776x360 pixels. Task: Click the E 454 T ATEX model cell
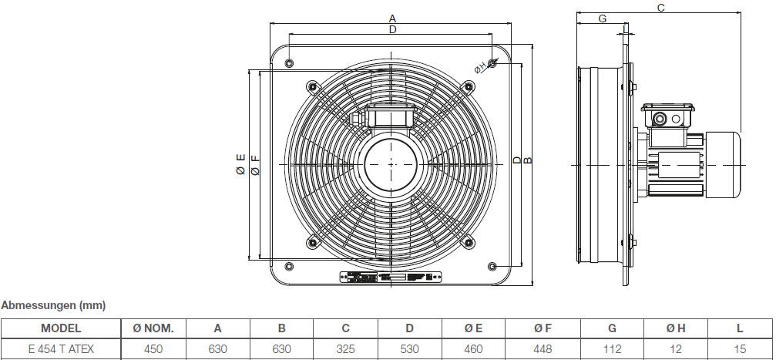(x=61, y=349)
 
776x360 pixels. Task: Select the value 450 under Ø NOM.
(x=153, y=349)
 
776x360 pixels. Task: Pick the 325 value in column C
(x=346, y=349)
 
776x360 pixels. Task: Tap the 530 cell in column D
(x=409, y=349)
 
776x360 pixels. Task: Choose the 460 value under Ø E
(x=473, y=349)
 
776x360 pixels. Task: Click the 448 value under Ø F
(x=542, y=349)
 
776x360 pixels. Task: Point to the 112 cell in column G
(x=613, y=349)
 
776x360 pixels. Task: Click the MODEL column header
(x=61, y=328)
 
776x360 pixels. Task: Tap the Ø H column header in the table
(x=676, y=328)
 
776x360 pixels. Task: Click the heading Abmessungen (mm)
(x=53, y=305)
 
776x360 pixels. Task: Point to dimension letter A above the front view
(x=392, y=18)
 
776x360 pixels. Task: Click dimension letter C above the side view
(x=660, y=7)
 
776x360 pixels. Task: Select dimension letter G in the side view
(x=602, y=19)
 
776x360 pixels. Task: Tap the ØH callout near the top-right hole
(x=480, y=68)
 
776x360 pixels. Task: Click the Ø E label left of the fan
(x=240, y=164)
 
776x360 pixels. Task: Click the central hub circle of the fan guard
(x=392, y=164)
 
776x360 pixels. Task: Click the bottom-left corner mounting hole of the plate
(x=289, y=267)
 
